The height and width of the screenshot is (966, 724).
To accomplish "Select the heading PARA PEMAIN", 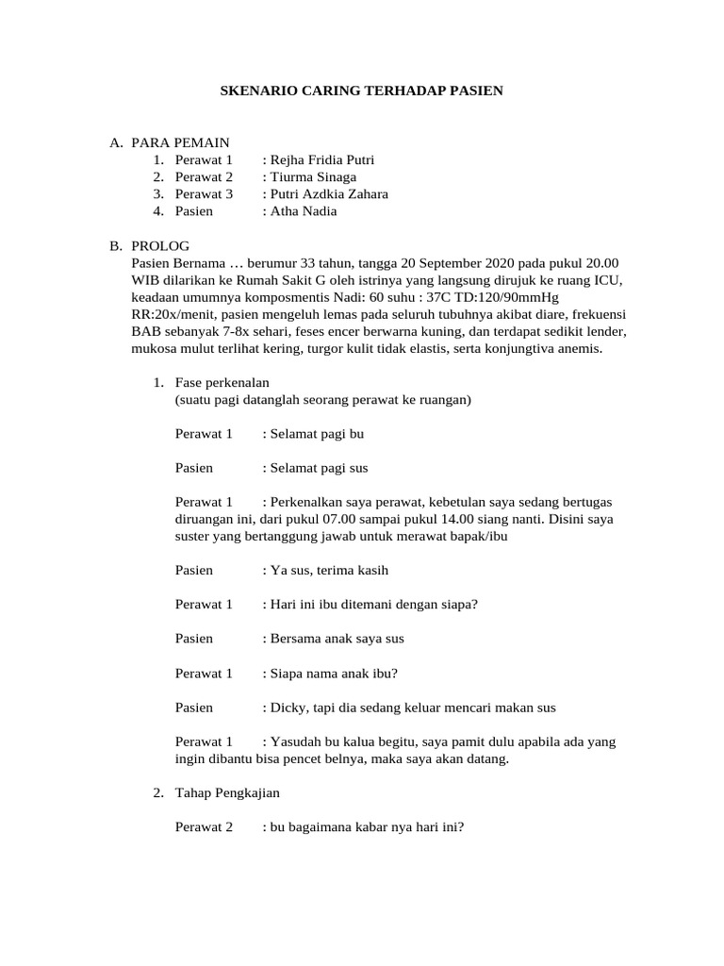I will (x=180, y=142).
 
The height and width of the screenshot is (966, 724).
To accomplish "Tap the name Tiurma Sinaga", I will (x=312, y=176).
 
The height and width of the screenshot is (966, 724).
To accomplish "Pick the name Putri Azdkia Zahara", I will (x=327, y=194).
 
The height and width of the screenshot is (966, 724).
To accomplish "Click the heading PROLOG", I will (x=160, y=245).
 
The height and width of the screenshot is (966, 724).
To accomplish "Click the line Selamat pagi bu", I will (x=316, y=434).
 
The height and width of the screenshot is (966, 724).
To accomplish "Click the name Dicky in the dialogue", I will (x=288, y=707).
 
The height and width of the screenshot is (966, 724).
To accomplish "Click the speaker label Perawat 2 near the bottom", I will (x=204, y=827).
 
